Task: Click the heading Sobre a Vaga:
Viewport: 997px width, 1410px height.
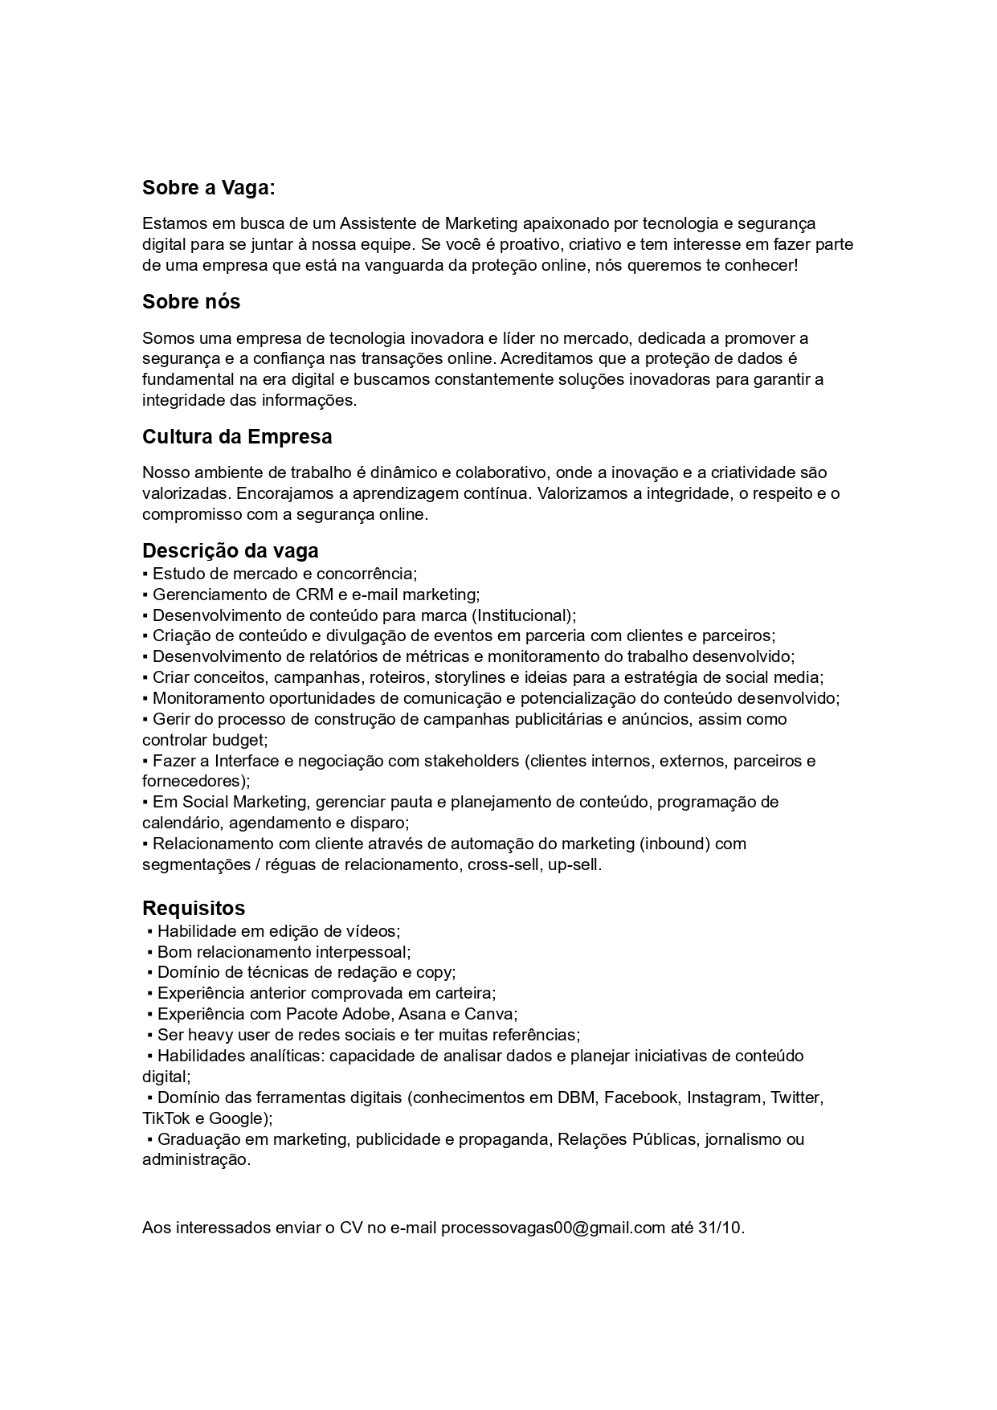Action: [x=208, y=188]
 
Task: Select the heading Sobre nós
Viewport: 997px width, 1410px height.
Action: [x=191, y=302]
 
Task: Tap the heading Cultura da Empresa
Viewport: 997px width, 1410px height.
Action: [x=237, y=437]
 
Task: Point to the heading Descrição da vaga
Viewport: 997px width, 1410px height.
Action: [x=231, y=551]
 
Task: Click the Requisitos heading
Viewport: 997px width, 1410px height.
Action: [x=194, y=909]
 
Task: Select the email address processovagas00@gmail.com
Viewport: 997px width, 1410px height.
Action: [x=553, y=1228]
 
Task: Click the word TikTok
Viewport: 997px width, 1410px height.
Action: [x=166, y=1119]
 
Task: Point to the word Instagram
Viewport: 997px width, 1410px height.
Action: [x=724, y=1098]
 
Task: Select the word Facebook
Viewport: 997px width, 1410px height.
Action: [x=640, y=1098]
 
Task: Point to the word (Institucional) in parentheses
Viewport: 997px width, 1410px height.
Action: [x=523, y=616]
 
